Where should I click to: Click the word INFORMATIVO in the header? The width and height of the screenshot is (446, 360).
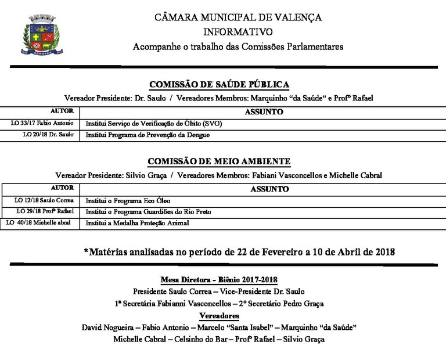click(x=238, y=31)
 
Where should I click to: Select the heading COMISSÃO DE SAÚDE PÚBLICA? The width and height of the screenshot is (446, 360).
click(x=220, y=85)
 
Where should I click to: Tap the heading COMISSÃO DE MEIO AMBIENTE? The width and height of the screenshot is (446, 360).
click(x=219, y=161)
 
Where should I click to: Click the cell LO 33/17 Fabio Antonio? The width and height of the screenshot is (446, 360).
click(x=42, y=124)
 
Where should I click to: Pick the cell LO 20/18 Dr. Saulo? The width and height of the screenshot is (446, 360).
click(x=48, y=135)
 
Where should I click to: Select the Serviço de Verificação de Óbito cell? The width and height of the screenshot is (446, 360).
click(x=154, y=124)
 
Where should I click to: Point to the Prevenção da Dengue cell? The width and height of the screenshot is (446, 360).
click(x=148, y=135)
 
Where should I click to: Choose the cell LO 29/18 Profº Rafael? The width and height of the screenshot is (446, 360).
click(x=45, y=211)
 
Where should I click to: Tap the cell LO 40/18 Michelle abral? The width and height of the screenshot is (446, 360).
click(x=41, y=222)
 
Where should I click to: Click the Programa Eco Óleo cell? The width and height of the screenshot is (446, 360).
click(x=128, y=200)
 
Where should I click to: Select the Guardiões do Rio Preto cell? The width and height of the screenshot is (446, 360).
click(x=148, y=211)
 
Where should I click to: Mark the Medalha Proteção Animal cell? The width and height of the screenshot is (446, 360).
click(x=137, y=222)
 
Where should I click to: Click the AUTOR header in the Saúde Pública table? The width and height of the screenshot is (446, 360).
click(x=62, y=111)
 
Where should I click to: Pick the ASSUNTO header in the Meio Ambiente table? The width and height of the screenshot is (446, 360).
click(x=269, y=189)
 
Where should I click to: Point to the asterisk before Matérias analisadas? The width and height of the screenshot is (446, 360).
click(x=87, y=251)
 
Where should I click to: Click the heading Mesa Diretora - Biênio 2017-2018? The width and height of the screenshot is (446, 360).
click(x=219, y=280)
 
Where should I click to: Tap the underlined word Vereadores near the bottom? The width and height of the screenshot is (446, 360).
click(x=219, y=315)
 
